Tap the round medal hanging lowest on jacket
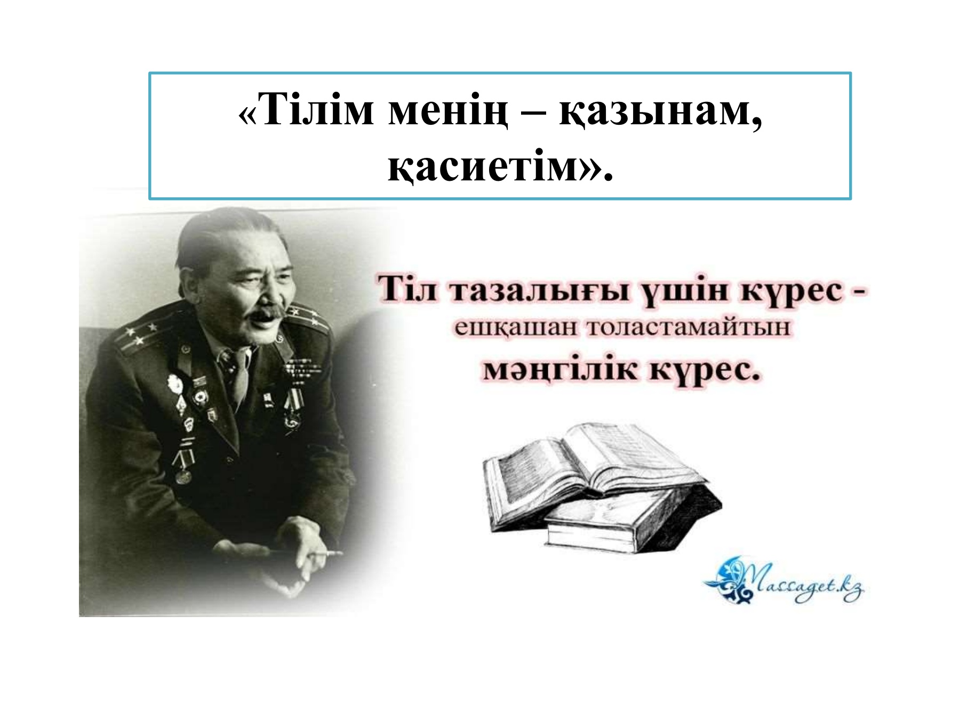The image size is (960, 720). [183, 475]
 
